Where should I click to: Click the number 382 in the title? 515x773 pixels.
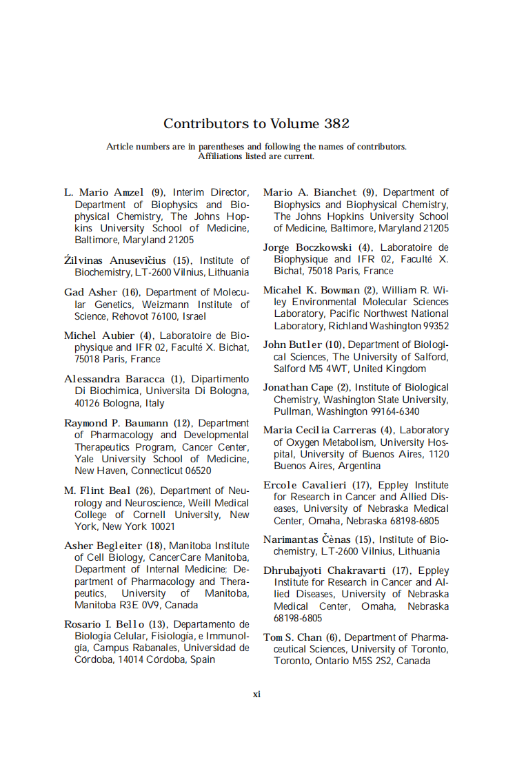tap(336, 124)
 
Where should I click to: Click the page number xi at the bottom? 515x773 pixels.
tap(256, 694)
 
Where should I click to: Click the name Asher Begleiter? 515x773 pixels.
tap(103, 546)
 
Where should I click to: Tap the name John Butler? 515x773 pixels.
tap(292, 344)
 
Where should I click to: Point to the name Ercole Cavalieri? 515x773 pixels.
tap(305, 486)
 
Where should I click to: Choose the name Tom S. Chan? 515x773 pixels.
tap(293, 638)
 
